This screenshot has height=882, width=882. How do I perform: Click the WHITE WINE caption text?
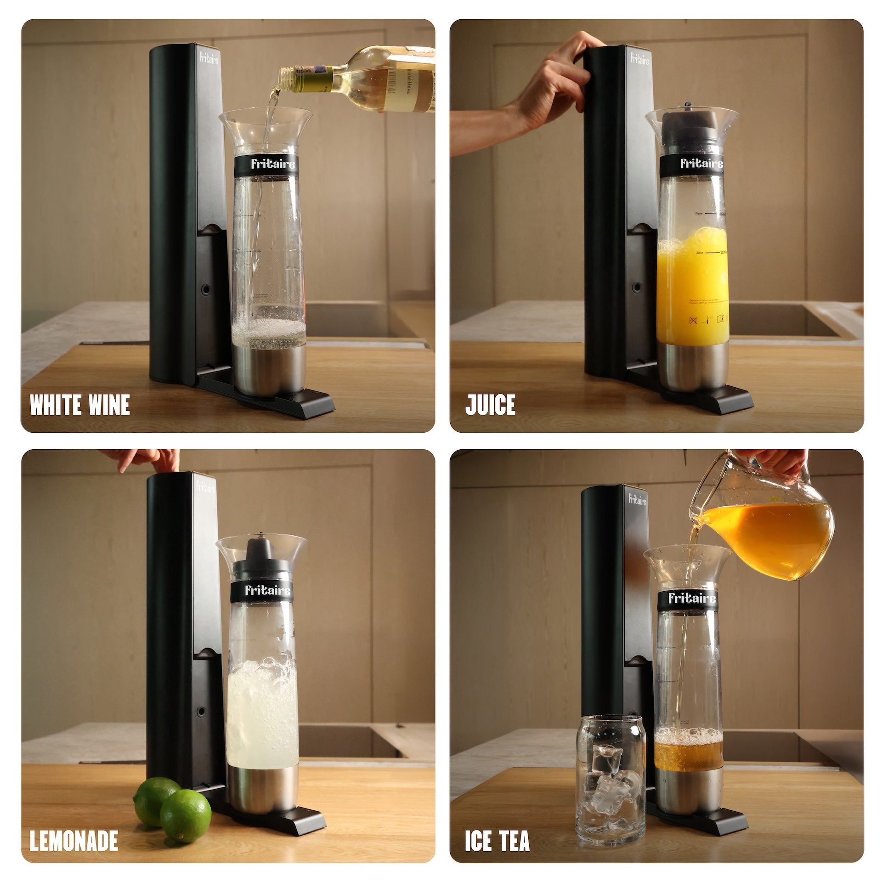(x=79, y=405)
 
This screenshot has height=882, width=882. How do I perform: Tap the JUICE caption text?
(x=490, y=405)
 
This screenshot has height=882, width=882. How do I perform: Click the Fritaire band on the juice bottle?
(x=694, y=164)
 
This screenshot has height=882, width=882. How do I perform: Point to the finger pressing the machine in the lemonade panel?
(x=163, y=462)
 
